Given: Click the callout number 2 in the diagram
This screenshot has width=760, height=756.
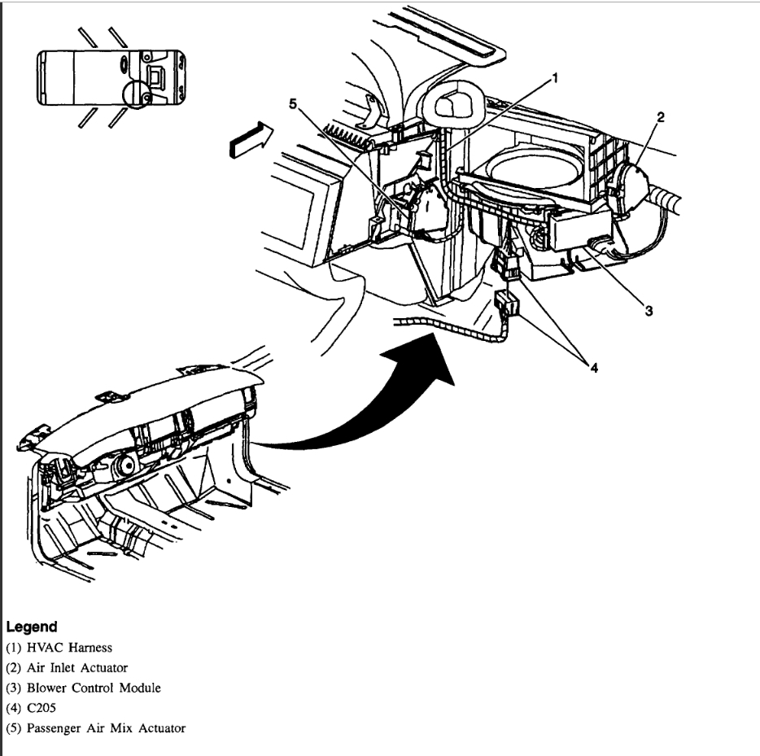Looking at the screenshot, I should pos(661,117).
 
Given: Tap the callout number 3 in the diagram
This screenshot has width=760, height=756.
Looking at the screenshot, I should pos(649,310).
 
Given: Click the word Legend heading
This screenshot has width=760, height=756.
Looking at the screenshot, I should pos(32,627).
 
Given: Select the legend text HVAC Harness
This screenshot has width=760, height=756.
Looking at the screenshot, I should pos(66,648).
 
